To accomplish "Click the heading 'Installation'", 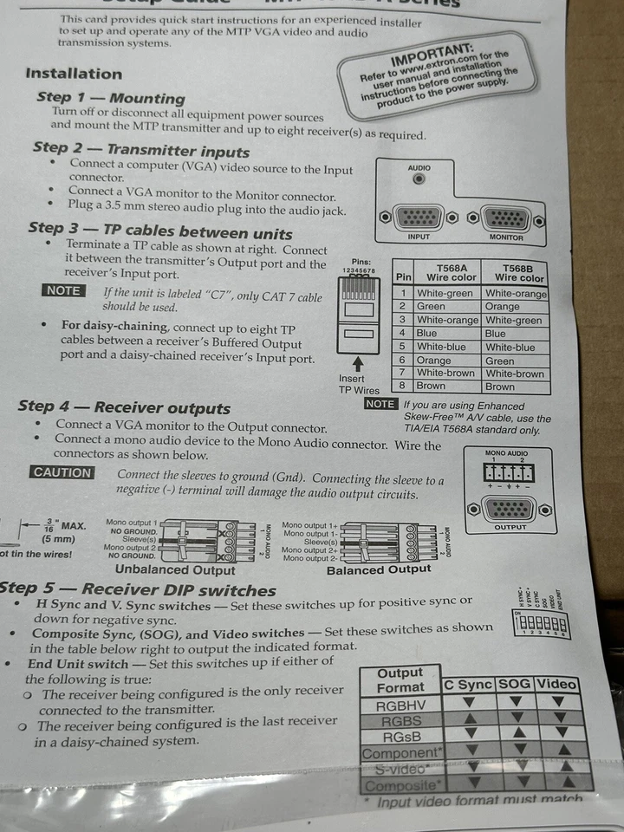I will tap(74, 74).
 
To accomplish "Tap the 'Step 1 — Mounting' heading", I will tap(110, 98).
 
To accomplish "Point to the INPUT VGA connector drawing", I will tap(419, 217).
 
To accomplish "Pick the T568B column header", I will tap(518, 272).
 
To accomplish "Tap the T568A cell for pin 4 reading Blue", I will tap(427, 333).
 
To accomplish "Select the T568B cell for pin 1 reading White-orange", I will tap(517, 294).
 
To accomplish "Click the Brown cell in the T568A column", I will tap(431, 387).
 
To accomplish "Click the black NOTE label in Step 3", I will tap(63, 291).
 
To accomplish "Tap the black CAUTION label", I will tap(62, 472).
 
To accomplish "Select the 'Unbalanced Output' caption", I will tap(175, 570).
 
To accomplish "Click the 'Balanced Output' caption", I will tap(379, 569).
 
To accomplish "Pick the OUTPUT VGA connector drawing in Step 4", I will tap(510, 509).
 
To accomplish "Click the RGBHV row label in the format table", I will tap(400, 705).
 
